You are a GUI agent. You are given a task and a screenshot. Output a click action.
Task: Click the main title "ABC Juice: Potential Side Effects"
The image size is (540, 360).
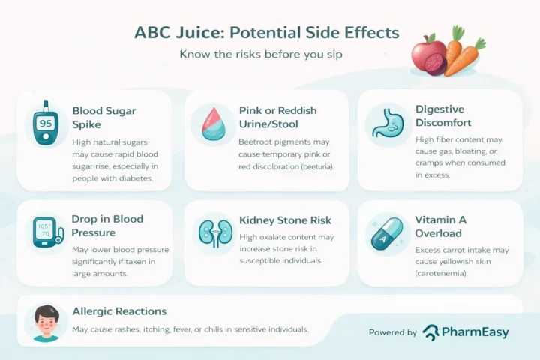pyautogui.click(x=266, y=34)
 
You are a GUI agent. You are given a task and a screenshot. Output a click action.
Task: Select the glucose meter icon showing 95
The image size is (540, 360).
pyautogui.click(x=45, y=125)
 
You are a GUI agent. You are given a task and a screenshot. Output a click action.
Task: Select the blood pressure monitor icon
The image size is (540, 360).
pyautogui.click(x=45, y=234)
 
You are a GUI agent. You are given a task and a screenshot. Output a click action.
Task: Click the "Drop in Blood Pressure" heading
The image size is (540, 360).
pyautogui.click(x=107, y=226)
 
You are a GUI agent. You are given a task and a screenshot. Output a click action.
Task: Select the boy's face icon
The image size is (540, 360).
pyautogui.click(x=46, y=322)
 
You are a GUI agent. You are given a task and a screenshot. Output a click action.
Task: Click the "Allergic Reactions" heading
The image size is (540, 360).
pyautogui.click(x=119, y=311)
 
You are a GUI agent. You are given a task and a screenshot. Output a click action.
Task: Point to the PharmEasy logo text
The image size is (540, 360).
pyautogui.click(x=476, y=332)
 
